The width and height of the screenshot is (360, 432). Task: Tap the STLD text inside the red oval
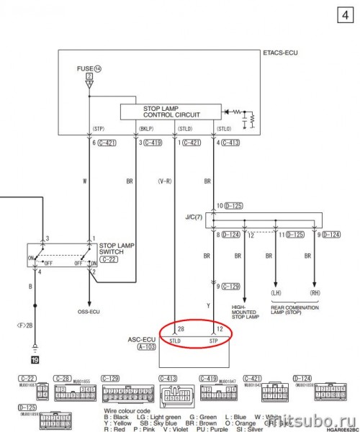coord(174,338)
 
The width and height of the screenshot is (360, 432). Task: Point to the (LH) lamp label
coord(276,294)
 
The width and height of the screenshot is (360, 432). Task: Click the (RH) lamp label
coord(314,294)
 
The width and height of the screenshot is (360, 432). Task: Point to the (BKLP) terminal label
coord(143,130)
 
